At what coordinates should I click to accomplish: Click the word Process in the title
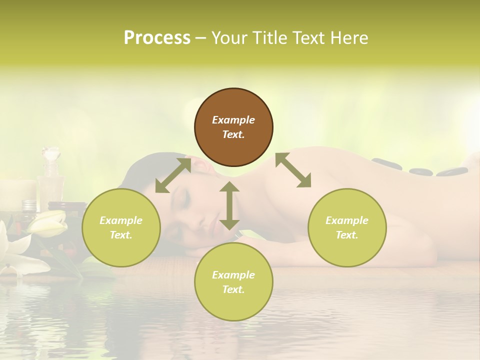[157, 38]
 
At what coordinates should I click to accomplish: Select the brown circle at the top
[233, 127]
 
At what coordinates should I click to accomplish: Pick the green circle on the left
[121, 227]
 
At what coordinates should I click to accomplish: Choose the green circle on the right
[347, 227]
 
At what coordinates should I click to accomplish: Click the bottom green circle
[233, 282]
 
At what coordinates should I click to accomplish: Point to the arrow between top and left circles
[173, 175]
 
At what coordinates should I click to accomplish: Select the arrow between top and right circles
[293, 170]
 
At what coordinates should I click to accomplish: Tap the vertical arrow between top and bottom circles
[229, 205]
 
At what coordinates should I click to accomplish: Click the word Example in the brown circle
[233, 120]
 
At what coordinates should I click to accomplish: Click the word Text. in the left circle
[121, 235]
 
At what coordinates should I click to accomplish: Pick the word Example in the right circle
[347, 220]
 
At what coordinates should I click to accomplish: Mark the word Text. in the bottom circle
[233, 289]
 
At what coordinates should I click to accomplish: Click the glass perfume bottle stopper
[50, 152]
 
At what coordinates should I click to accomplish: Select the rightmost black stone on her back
[451, 172]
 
